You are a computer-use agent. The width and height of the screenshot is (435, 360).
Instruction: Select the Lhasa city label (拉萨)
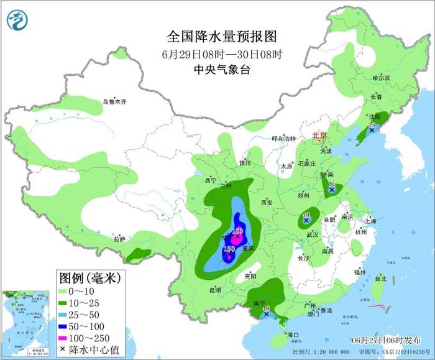coord(119,239)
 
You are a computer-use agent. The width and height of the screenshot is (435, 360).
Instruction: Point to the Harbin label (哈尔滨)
coord(381,78)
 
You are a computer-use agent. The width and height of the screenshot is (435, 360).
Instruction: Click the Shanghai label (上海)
coord(370,220)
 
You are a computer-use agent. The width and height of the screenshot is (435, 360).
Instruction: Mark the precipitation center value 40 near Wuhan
coord(306,214)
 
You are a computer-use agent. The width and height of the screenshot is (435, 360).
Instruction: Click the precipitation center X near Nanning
coord(266,315)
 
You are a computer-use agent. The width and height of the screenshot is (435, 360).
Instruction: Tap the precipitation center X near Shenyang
coord(372,130)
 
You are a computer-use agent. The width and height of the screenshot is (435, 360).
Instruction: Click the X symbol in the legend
coord(63,348)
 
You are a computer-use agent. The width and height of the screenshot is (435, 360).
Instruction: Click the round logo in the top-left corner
coord(19,20)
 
